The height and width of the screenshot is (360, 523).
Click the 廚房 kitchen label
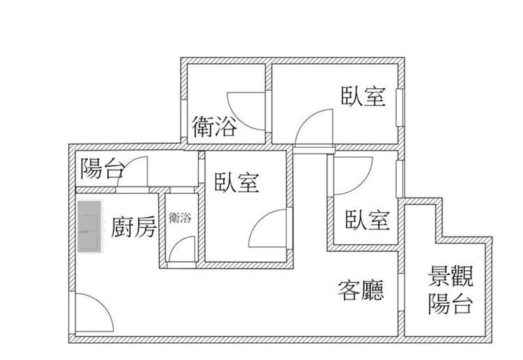133,227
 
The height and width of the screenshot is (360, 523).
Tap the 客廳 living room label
361,290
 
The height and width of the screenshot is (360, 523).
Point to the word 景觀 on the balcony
450,276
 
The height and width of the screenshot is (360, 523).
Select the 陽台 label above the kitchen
103,168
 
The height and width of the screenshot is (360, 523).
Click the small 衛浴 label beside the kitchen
180,218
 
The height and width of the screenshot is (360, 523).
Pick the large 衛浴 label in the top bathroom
214,126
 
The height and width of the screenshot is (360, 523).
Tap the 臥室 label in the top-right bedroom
363,96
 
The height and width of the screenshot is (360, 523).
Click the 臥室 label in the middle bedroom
237,182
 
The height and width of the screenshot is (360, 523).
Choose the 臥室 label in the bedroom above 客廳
367,220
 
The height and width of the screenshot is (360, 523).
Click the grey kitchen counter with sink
90,226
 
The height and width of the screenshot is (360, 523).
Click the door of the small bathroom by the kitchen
182,249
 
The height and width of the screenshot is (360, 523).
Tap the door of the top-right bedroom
314,128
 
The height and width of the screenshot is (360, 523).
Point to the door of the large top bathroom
246,111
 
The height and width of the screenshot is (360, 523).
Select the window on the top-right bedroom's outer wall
400,107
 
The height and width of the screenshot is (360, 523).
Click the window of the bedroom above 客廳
400,179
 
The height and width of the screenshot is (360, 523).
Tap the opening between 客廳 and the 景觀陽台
401,293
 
